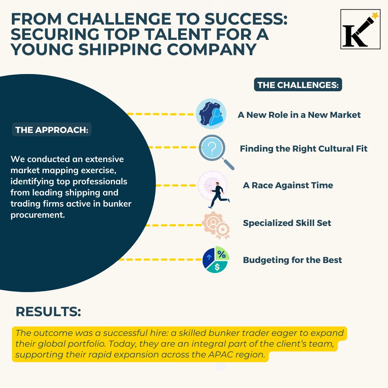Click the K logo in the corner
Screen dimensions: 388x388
tap(360, 29)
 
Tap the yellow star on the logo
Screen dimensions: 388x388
tap(375, 15)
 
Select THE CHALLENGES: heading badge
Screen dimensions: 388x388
tap(298, 85)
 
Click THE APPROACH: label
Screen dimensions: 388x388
tap(52, 129)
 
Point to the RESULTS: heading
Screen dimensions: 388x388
tap(48, 311)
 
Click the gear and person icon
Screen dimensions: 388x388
tap(211, 114)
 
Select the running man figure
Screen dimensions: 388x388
tap(219, 195)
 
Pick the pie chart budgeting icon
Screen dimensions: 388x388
tap(216, 260)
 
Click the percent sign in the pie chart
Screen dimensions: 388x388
tap(221, 254)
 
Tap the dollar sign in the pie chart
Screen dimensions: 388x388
tap(217, 267)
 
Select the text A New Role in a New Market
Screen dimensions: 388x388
tap(299, 115)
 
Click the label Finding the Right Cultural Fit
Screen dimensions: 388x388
tap(304, 149)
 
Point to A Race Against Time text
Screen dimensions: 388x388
tap(288, 185)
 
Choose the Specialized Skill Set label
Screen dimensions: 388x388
tap(287, 223)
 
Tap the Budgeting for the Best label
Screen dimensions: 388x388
tap(292, 260)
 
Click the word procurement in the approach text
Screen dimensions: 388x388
tap(38, 215)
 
